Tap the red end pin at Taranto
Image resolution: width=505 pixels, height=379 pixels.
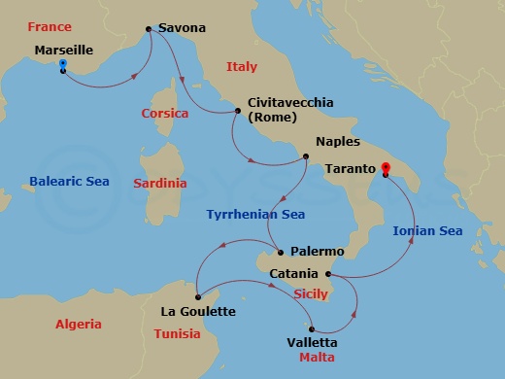(385, 169)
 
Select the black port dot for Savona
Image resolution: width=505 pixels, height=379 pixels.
(148, 30)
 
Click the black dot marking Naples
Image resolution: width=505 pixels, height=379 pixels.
(306, 155)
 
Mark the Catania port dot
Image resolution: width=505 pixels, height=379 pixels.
(328, 274)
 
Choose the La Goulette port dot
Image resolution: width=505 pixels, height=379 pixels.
(197, 296)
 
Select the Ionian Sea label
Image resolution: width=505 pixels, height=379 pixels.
(427, 230)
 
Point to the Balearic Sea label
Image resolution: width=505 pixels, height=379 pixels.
(69, 181)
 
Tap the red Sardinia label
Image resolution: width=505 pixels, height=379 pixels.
(160, 182)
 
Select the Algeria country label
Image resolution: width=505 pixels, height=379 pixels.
(78, 324)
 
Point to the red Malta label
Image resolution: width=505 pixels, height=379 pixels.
(317, 358)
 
